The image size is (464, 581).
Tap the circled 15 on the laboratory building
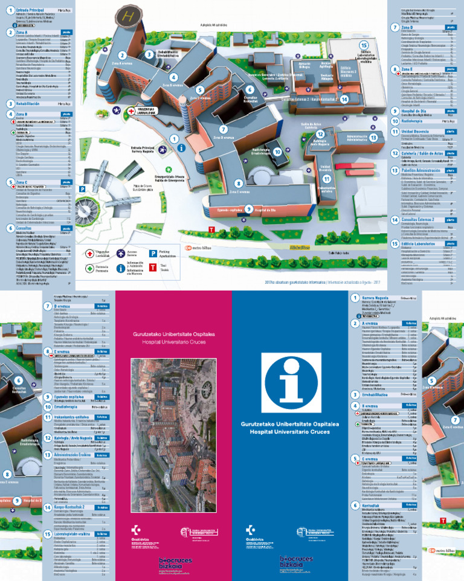(x=363, y=45)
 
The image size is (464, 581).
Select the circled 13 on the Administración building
(x=374, y=138)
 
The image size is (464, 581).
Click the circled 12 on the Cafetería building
(x=321, y=134)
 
